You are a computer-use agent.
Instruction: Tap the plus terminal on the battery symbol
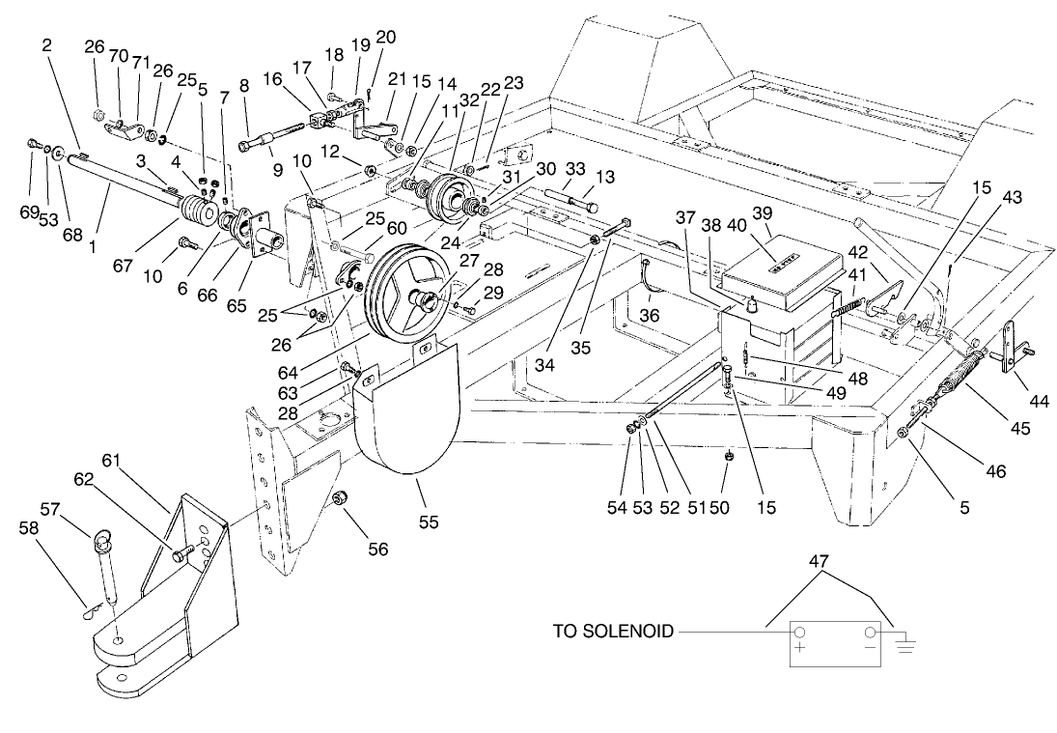click(799, 633)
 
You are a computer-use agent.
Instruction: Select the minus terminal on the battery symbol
click(872, 633)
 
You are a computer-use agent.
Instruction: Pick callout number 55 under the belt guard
click(429, 522)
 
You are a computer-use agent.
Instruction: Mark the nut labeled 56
click(341, 499)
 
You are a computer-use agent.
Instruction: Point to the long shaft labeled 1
click(125, 178)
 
